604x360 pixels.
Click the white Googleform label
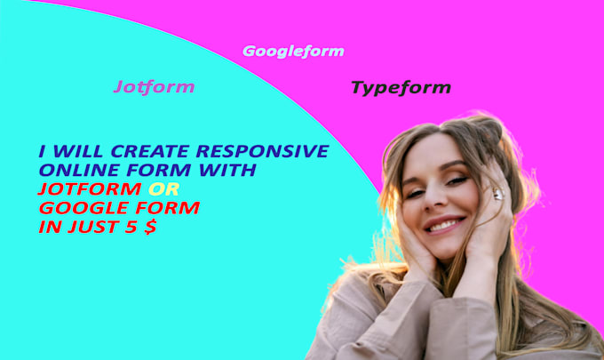coord(293,52)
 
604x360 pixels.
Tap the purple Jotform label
coord(154,87)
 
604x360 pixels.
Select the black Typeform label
coord(401,87)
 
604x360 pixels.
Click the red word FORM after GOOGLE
coord(165,207)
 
